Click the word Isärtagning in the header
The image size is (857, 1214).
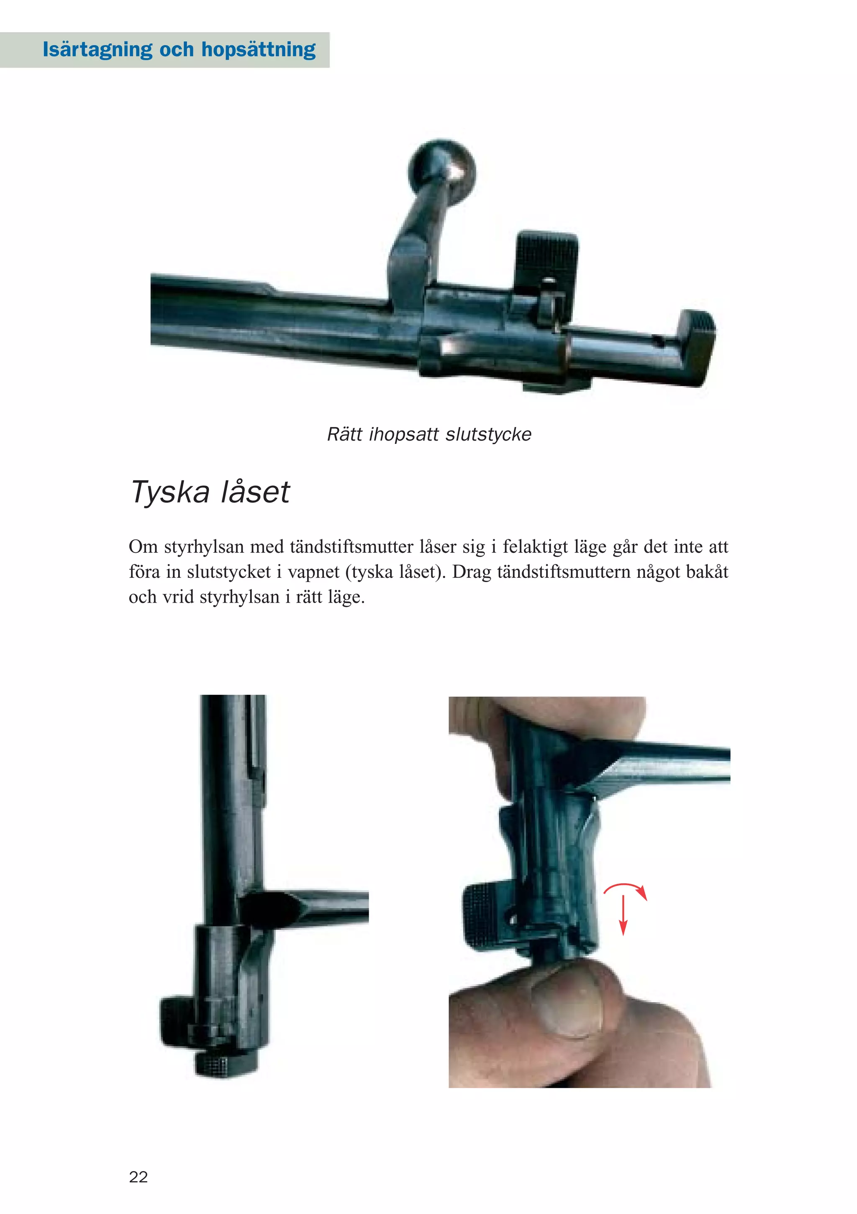96,50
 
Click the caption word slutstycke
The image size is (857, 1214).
488,435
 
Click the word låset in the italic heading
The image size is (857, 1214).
255,492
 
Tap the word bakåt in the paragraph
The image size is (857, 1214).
706,572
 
